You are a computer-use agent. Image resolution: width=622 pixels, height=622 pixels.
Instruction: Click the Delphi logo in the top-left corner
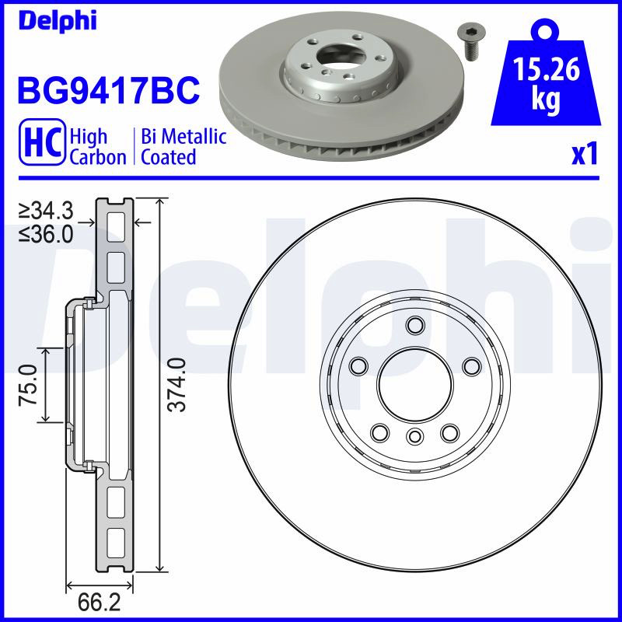point(58,21)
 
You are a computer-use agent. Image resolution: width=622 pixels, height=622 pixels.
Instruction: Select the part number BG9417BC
point(108,90)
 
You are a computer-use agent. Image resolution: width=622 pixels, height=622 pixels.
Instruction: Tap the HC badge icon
point(43,142)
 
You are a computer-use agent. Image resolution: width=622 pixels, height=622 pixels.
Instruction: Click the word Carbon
point(98,157)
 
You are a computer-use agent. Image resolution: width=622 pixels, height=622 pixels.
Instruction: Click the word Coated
point(169,157)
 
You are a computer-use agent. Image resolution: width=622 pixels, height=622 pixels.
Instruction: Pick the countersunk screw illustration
point(471,42)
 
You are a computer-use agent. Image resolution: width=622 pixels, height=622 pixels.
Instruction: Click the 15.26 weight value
point(547,69)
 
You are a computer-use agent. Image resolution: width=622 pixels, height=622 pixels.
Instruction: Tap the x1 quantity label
point(585,155)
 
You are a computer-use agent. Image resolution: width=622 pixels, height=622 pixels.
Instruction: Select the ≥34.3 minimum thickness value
point(46,211)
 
